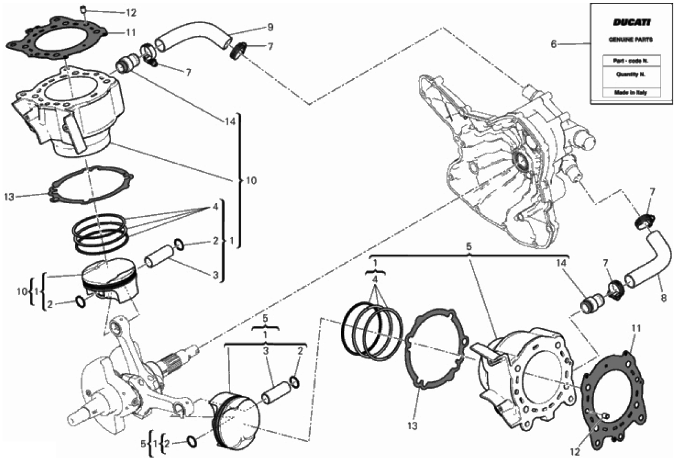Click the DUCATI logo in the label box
click(x=632, y=22)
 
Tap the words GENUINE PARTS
click(x=630, y=39)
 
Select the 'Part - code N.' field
click(x=631, y=61)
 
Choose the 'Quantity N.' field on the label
click(x=631, y=75)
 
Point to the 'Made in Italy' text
click(x=630, y=92)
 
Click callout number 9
click(x=270, y=27)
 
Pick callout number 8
click(x=664, y=299)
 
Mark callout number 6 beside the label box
click(x=554, y=44)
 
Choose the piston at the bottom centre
click(x=235, y=420)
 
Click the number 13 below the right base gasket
click(x=412, y=426)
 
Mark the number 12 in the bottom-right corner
click(x=574, y=452)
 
